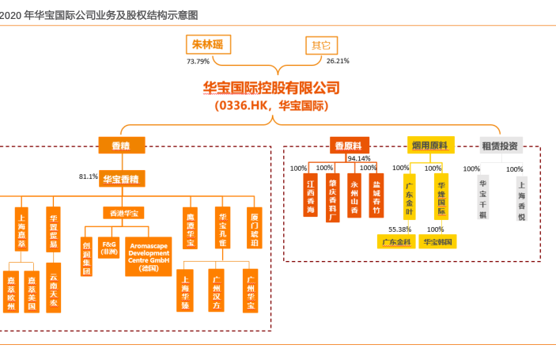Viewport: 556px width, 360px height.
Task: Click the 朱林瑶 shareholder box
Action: pyautogui.click(x=209, y=44)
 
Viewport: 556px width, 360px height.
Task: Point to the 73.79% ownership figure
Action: pyautogui.click(x=198, y=61)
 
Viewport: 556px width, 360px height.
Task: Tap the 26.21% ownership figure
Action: pyautogui.click(x=338, y=61)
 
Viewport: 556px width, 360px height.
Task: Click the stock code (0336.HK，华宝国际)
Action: pyautogui.click(x=270, y=104)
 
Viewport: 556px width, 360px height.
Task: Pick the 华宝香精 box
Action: pyautogui.click(x=123, y=180)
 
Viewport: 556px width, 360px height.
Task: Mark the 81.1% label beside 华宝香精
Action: pyautogui.click(x=89, y=176)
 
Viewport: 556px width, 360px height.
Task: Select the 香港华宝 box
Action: pyautogui.click(x=123, y=213)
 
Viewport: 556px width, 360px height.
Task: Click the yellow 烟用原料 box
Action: pyautogui.click(x=429, y=146)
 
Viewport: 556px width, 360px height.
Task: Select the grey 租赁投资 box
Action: pyautogui.click(x=500, y=146)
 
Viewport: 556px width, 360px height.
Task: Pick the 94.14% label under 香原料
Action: pyautogui.click(x=359, y=159)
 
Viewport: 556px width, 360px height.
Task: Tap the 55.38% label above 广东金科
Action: pyautogui.click(x=399, y=229)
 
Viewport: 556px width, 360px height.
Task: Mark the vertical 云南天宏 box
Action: pyautogui.click(x=53, y=290)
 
